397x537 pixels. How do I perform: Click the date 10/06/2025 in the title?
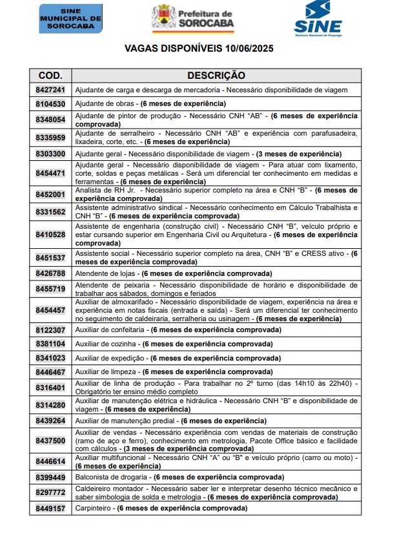click(x=247, y=48)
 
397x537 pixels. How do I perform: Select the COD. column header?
click(x=50, y=76)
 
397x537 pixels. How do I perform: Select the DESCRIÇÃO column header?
click(x=216, y=76)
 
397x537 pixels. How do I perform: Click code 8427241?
click(x=50, y=90)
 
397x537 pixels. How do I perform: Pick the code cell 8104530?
click(x=50, y=103)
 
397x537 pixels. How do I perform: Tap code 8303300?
click(x=50, y=154)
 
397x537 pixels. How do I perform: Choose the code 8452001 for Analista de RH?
click(x=50, y=195)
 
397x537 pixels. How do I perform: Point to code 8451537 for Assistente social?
click(x=50, y=258)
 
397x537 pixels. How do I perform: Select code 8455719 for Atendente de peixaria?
click(x=50, y=288)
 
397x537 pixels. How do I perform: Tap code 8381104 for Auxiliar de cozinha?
click(x=50, y=344)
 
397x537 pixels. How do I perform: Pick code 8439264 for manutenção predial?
click(x=50, y=421)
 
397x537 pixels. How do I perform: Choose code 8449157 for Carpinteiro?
click(x=50, y=509)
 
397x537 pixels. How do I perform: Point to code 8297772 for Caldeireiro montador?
click(x=50, y=492)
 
